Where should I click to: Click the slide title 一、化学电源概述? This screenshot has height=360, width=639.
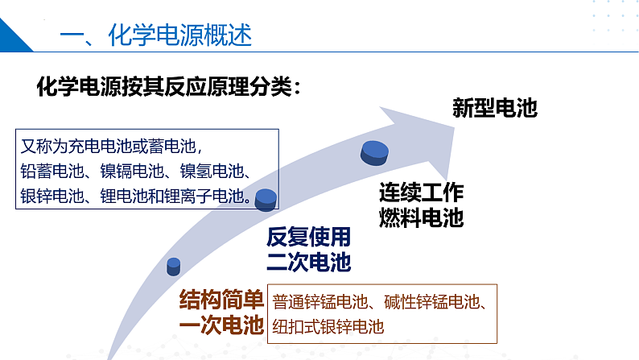click(156, 35)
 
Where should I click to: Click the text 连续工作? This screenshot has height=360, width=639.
click(422, 193)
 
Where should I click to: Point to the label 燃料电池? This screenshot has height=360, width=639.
click(422, 217)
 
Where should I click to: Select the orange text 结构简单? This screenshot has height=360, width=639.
click(221, 300)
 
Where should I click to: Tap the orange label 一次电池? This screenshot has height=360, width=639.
click(221, 325)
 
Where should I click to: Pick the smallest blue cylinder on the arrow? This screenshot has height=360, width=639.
click(174, 266)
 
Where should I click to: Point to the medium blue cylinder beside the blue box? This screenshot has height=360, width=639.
click(266, 198)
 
